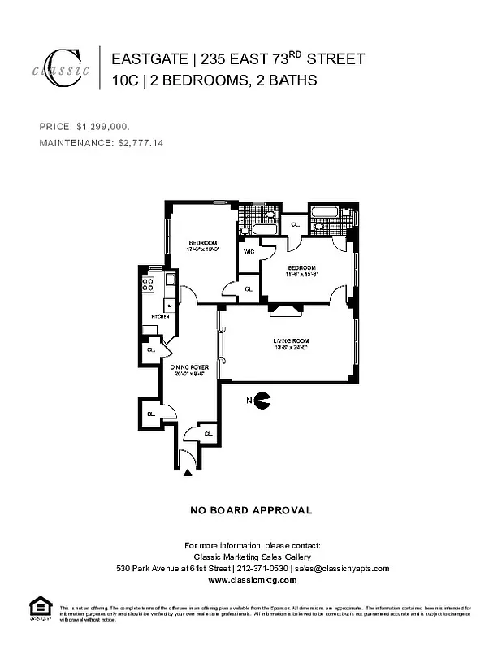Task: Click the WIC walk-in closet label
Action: (x=249, y=252)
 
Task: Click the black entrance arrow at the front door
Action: (x=188, y=471)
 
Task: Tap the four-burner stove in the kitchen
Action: (x=149, y=284)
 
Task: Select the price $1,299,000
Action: (x=102, y=127)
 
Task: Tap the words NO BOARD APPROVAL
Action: (x=251, y=510)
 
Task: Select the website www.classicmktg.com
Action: (x=251, y=581)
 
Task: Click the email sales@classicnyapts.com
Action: (x=342, y=569)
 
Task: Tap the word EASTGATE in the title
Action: (x=147, y=59)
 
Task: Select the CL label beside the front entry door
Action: (x=208, y=435)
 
